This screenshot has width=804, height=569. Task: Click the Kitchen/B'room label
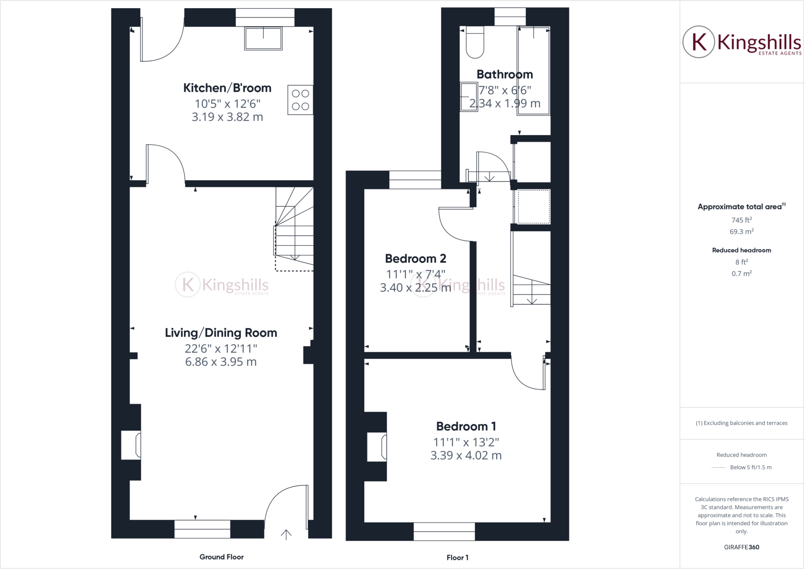point(227,88)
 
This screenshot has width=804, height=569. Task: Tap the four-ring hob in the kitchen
point(300,100)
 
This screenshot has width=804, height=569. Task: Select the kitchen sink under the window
point(263,38)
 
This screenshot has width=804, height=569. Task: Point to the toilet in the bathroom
point(475,43)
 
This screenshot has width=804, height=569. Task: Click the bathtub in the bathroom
point(533,71)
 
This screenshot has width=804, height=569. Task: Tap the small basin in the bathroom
point(468,97)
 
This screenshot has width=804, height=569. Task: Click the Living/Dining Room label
point(221,333)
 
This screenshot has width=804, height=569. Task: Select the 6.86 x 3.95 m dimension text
point(221,362)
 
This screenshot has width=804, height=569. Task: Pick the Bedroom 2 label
point(415,258)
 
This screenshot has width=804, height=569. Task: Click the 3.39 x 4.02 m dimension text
point(466,456)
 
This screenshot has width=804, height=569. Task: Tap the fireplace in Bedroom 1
point(377,447)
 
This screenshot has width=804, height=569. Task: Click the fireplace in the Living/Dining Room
point(131,445)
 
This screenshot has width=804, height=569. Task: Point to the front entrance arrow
point(286,534)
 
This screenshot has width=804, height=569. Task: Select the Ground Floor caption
point(221,557)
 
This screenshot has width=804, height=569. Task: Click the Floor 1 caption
point(457,557)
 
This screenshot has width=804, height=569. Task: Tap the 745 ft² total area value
point(741,220)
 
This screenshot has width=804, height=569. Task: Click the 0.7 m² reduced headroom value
point(741,273)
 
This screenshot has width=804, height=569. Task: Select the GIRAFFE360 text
point(741,547)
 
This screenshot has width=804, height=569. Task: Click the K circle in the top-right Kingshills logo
point(698,42)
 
